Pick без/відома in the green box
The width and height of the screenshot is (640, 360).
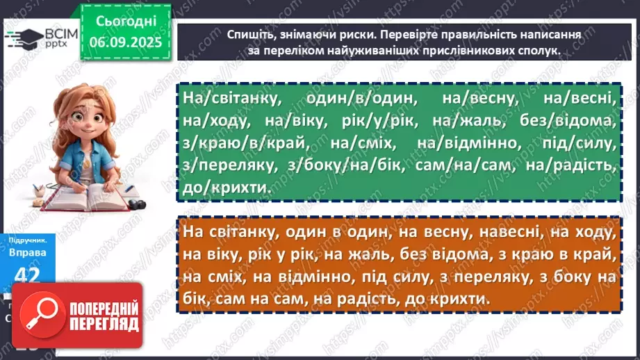click(x=567, y=121)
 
